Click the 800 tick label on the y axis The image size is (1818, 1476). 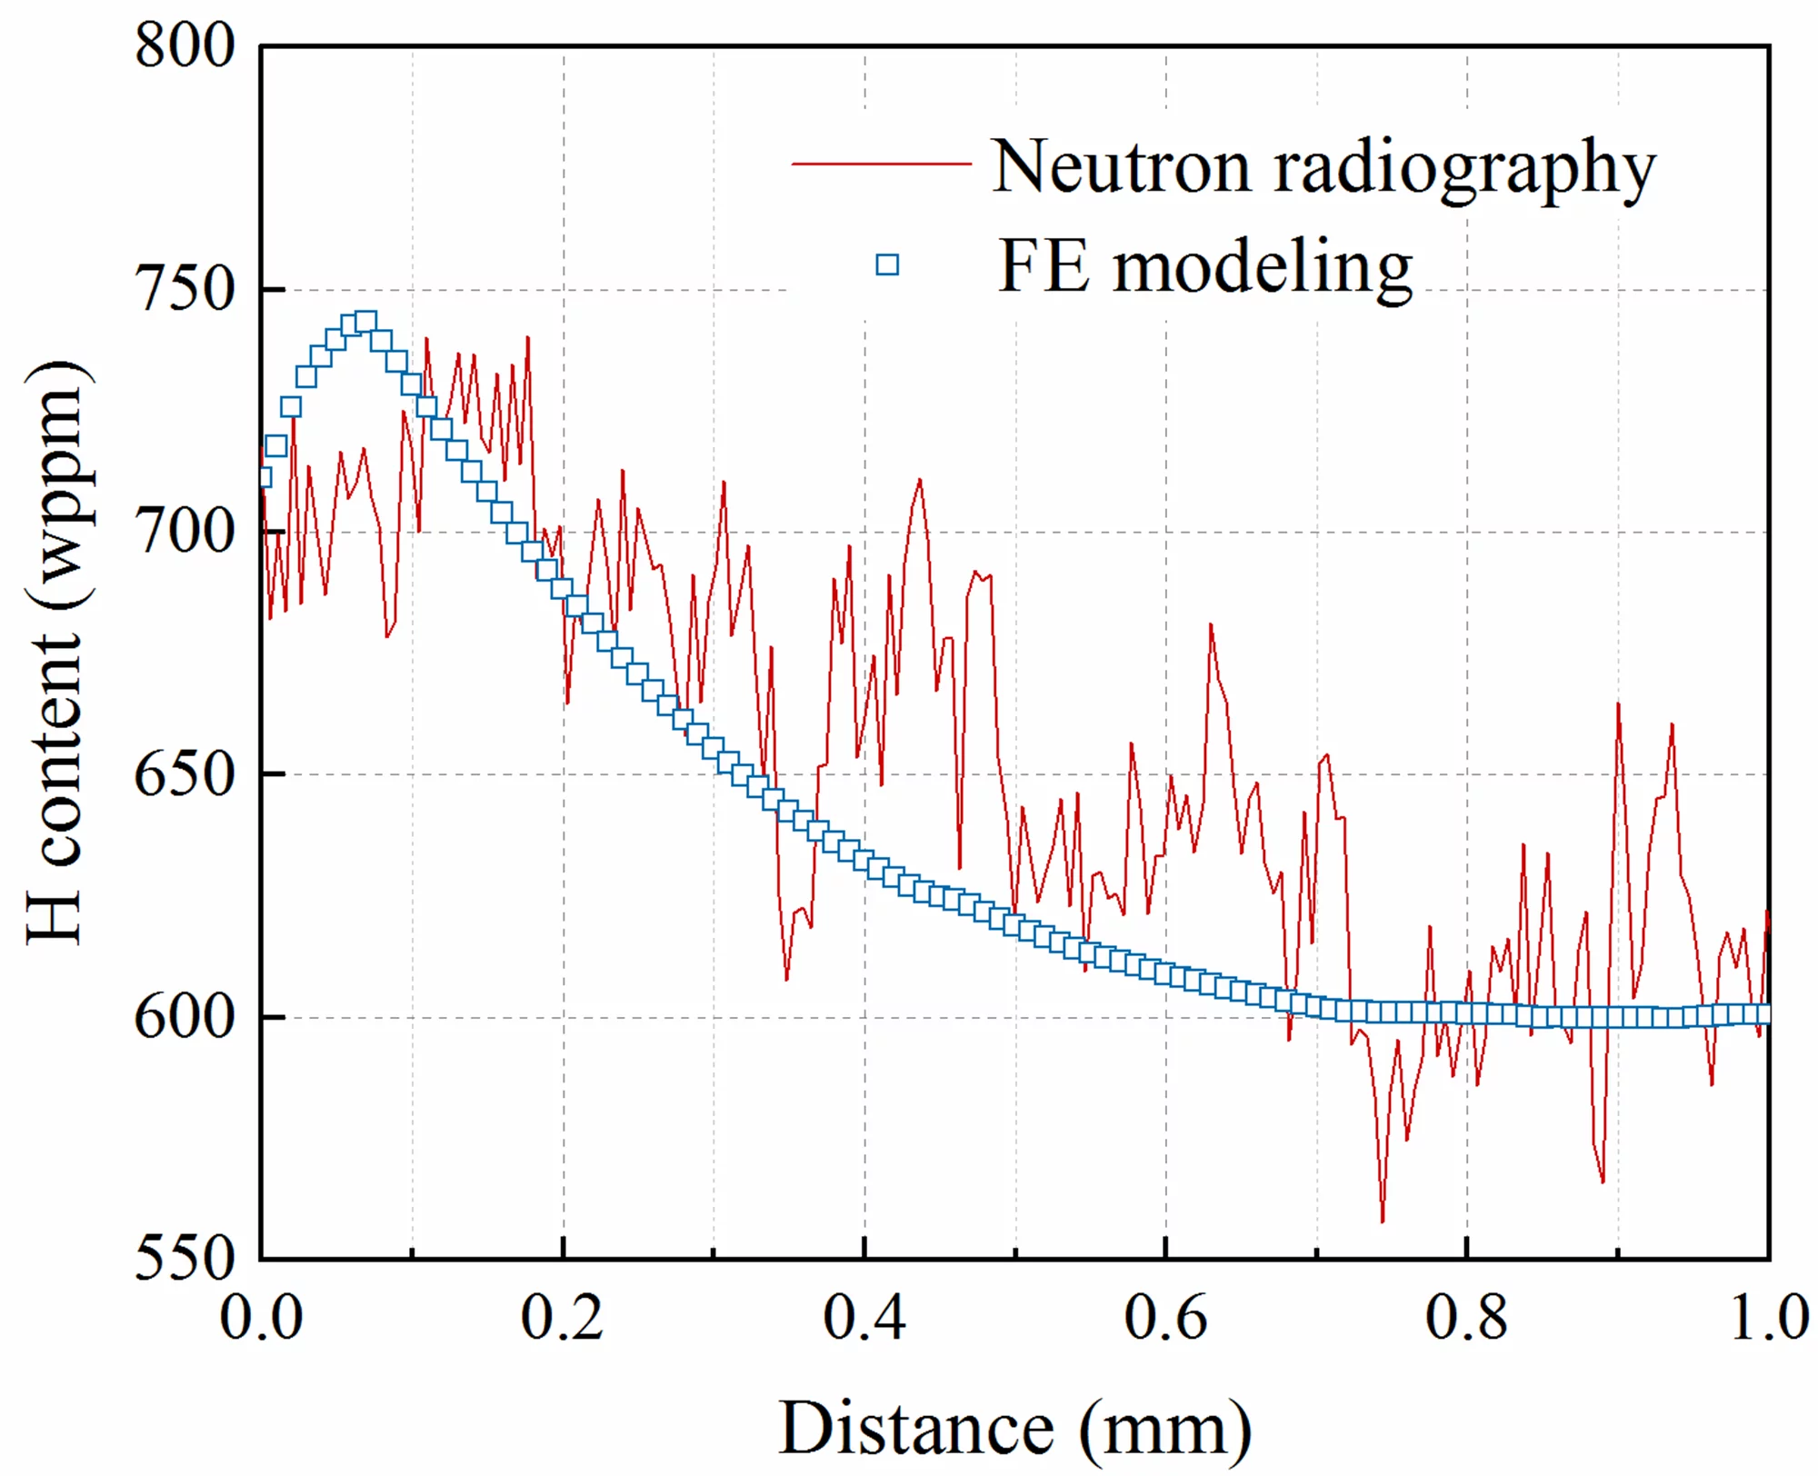pos(185,46)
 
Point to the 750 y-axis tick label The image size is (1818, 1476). pos(185,290)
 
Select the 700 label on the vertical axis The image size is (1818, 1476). pos(185,533)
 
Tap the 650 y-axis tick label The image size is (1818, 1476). pos(185,775)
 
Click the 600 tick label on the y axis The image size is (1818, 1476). pos(185,1017)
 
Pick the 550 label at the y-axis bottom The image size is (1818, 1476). pos(185,1259)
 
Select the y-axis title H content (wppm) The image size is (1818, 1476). pos(56,653)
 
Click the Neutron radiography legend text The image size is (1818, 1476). pos(1323,167)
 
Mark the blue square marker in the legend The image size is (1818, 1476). pos(887,264)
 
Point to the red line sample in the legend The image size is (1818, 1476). pos(882,164)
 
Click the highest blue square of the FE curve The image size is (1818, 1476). pos(365,322)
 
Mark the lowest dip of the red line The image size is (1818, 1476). pos(1383,1222)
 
